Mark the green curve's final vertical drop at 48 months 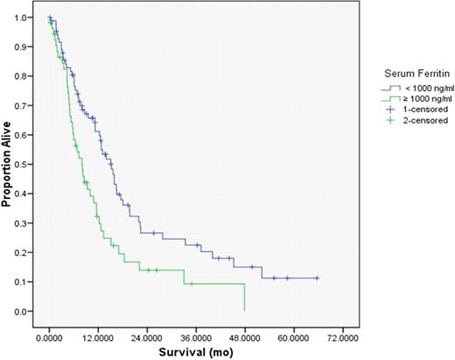click(x=244, y=297)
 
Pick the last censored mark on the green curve click(x=192, y=284)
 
